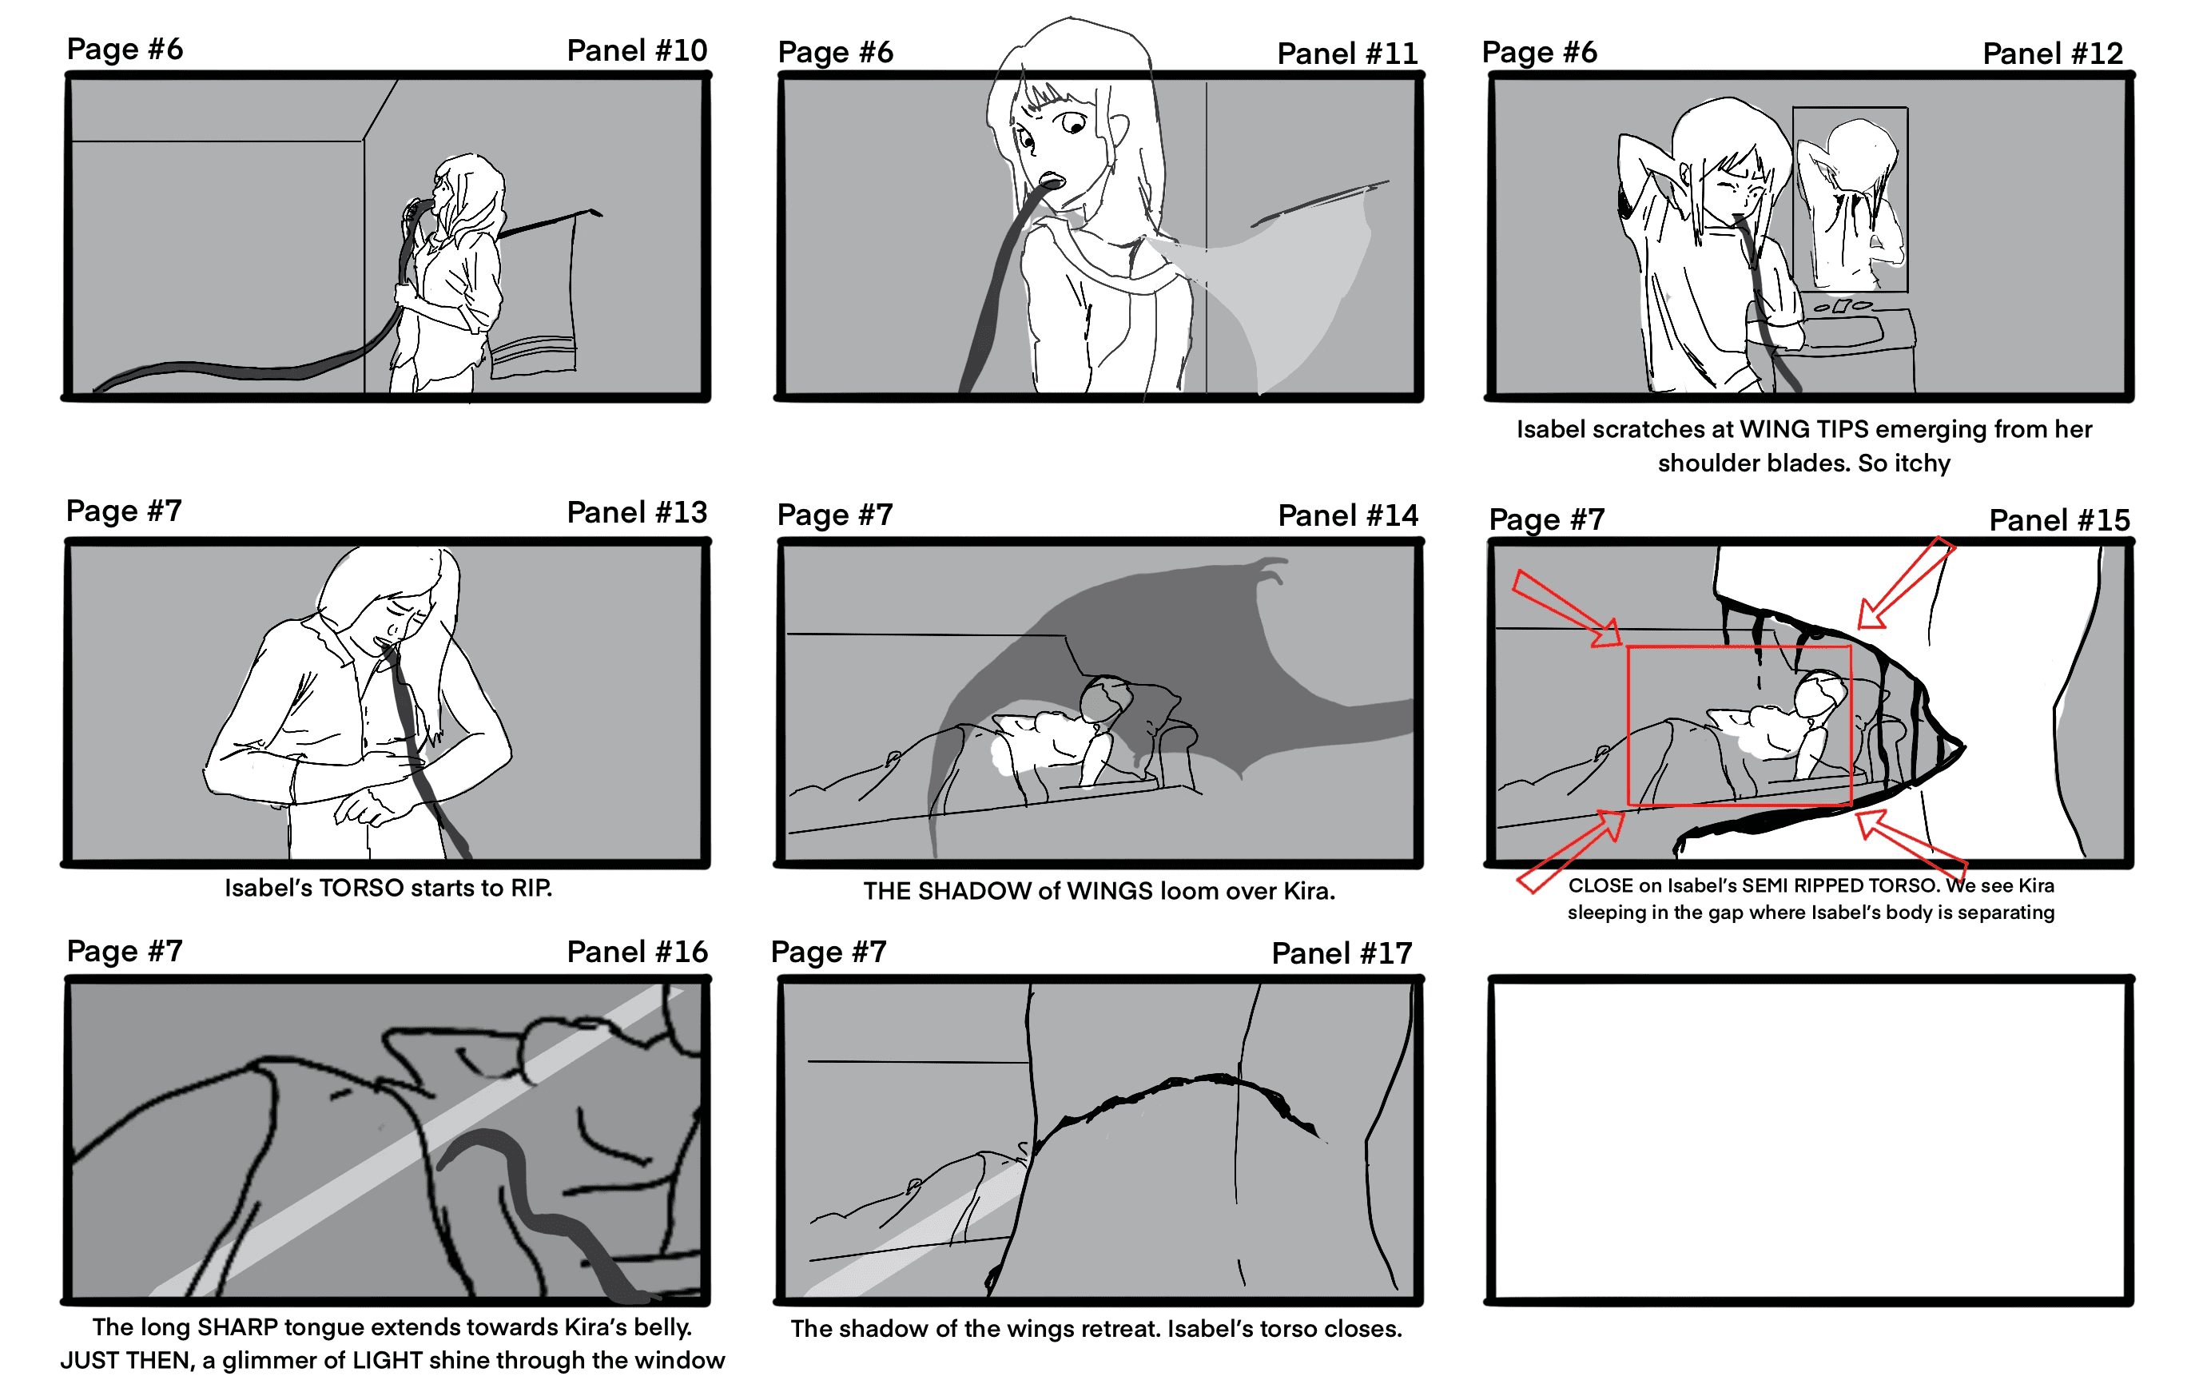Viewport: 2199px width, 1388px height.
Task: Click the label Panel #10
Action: [637, 50]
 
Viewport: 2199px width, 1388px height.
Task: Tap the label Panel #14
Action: [1348, 516]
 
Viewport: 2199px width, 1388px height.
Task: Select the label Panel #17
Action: [1342, 953]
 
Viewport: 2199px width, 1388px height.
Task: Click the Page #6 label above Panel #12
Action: [1540, 53]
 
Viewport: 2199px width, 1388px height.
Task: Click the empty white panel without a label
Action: [1809, 1139]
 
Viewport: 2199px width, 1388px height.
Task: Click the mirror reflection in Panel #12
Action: [1850, 199]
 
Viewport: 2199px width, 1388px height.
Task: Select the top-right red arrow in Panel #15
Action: [1906, 583]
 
